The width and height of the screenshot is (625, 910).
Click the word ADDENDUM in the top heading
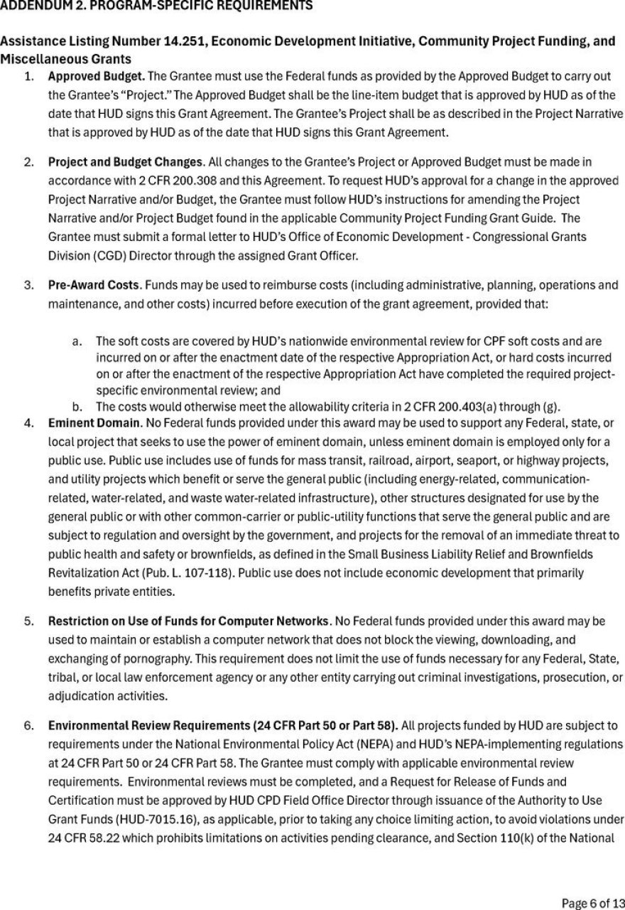32,6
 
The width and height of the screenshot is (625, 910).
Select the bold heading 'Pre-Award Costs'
93,285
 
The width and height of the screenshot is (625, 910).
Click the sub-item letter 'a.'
77,342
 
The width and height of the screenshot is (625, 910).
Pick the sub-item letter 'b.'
77,407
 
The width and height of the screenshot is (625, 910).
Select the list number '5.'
28,621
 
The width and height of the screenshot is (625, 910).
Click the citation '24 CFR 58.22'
80,837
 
